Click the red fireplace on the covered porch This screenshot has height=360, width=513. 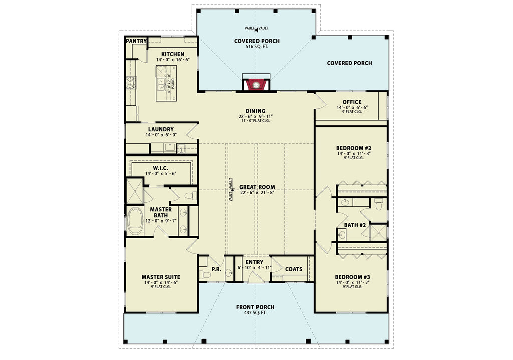tap(256, 85)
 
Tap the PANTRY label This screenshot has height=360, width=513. tap(136, 41)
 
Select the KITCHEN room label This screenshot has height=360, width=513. tap(172, 54)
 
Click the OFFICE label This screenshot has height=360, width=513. tap(352, 102)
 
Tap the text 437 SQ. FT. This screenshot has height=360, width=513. tap(256, 313)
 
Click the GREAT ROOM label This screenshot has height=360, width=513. tap(257, 187)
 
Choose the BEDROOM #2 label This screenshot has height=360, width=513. tap(353, 148)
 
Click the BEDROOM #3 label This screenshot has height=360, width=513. tap(353, 277)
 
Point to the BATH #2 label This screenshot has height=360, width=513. tap(355, 225)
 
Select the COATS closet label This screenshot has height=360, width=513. tap(294, 269)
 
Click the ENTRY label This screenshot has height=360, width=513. tap(254, 262)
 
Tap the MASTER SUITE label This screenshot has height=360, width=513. tap(161, 277)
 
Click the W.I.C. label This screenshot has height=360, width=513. tap(160, 168)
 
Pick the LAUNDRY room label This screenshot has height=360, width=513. tap(161, 129)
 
